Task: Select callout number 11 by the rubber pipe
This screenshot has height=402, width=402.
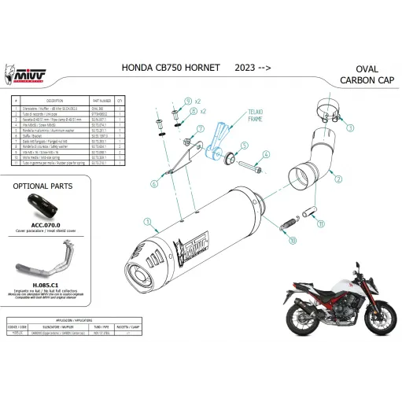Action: click(320, 224)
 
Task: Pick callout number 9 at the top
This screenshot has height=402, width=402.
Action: click(187, 102)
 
